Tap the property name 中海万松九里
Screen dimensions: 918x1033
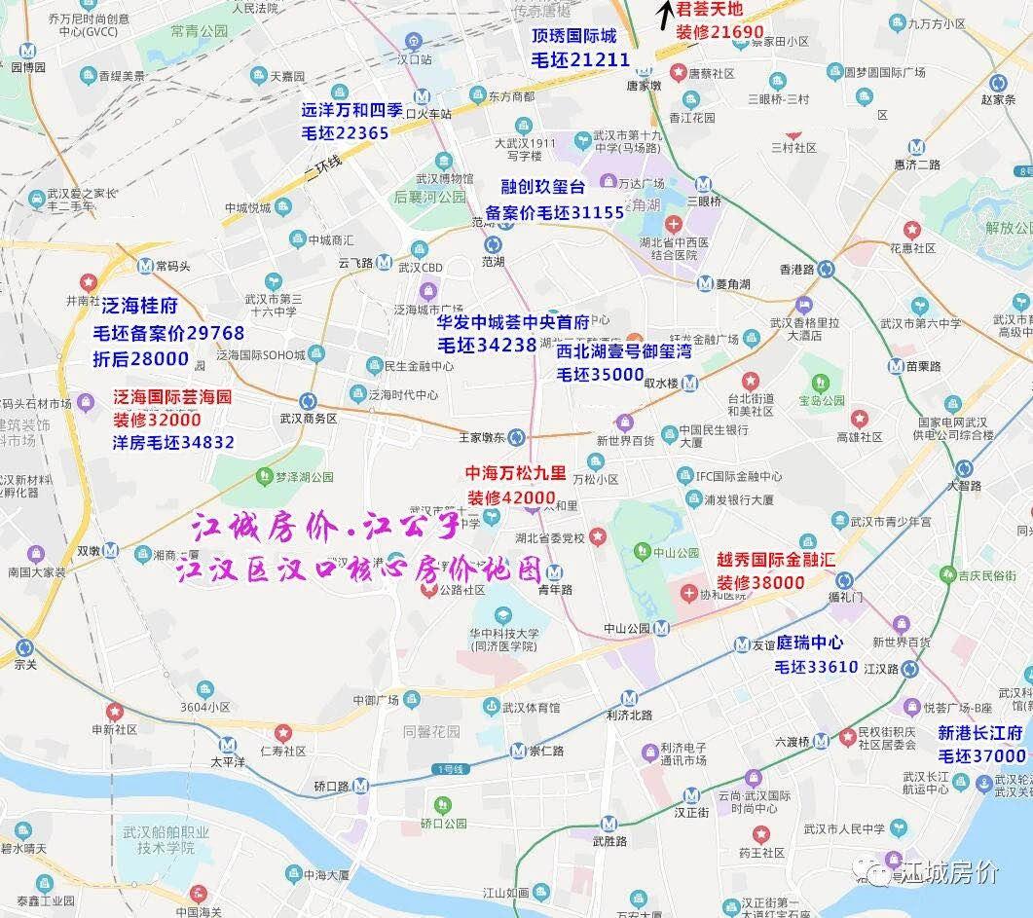(515, 474)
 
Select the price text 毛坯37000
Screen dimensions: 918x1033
(981, 755)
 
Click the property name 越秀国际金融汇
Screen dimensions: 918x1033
(775, 560)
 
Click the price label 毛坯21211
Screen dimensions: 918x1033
(581, 59)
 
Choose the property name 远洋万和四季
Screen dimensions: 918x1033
(359, 110)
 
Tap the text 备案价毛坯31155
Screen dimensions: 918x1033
(555, 212)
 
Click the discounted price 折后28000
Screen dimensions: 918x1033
(140, 358)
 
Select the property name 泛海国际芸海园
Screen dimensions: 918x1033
(172, 397)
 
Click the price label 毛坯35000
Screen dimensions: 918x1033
(600, 374)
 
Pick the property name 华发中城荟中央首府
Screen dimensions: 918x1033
(513, 322)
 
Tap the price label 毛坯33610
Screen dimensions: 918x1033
(816, 667)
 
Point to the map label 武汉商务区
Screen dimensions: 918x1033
(307, 419)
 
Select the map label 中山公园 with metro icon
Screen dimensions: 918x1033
(639, 628)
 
